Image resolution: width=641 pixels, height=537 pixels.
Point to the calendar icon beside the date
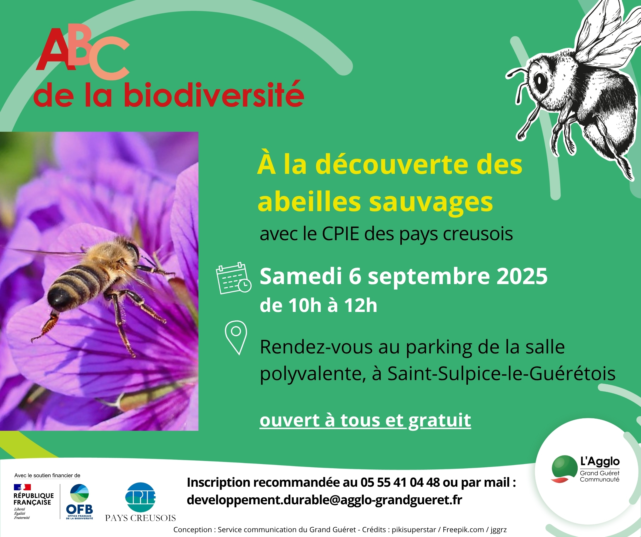(233, 278)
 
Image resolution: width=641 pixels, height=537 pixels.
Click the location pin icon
(236, 337)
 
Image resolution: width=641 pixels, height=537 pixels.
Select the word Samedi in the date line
(301, 277)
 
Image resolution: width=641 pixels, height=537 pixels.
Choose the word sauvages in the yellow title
(431, 203)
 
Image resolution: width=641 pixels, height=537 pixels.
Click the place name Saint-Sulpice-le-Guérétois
(502, 373)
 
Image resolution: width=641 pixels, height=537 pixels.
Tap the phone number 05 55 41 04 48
(400, 482)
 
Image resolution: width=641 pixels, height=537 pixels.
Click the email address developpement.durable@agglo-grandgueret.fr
(325, 500)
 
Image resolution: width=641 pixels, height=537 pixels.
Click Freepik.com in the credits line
(463, 530)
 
